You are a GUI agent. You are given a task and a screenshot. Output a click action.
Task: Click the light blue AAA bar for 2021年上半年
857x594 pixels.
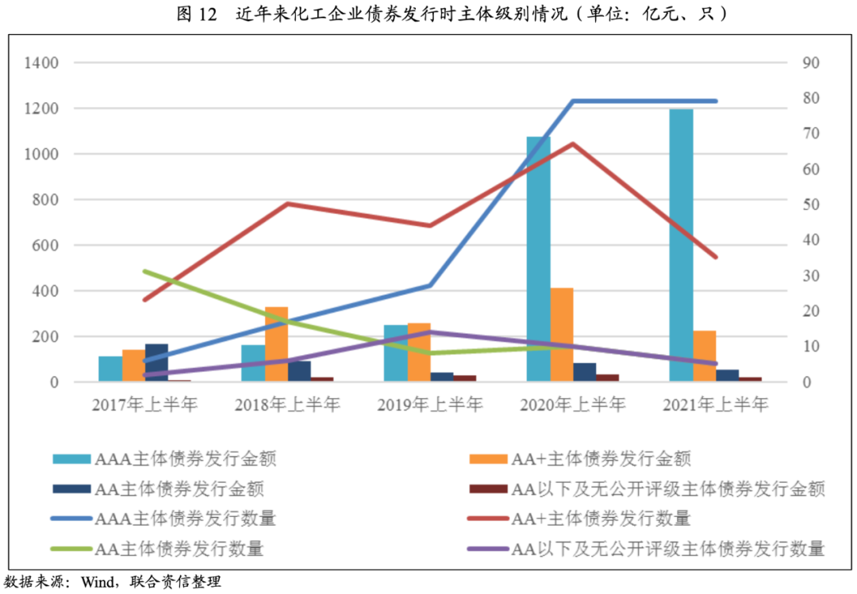pyautogui.click(x=681, y=246)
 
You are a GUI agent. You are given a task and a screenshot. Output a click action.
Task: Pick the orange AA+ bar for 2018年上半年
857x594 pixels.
pyautogui.click(x=276, y=344)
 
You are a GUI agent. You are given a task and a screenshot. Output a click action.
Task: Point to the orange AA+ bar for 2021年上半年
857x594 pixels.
pyautogui.click(x=705, y=356)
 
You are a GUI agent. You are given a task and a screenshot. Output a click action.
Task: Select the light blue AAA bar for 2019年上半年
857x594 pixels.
pyautogui.click(x=395, y=353)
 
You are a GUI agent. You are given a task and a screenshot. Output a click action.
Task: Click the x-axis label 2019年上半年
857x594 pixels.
pyautogui.click(x=430, y=405)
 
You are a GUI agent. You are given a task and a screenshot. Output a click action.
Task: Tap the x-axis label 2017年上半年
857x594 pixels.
pyautogui.click(x=144, y=405)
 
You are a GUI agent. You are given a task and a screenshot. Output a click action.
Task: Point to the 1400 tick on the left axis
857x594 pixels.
pyautogui.click(x=42, y=63)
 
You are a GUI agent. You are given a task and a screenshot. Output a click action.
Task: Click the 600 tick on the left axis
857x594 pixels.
pyautogui.click(x=46, y=245)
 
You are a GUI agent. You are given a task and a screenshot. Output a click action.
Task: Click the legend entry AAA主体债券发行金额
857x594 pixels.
pyautogui.click(x=185, y=458)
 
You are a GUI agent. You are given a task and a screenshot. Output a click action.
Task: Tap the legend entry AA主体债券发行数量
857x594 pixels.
pyautogui.click(x=179, y=548)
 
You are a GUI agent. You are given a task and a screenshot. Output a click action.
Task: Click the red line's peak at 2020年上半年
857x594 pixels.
pyautogui.click(x=573, y=144)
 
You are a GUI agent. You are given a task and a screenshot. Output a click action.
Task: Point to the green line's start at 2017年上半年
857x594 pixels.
pyautogui.click(x=144, y=271)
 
